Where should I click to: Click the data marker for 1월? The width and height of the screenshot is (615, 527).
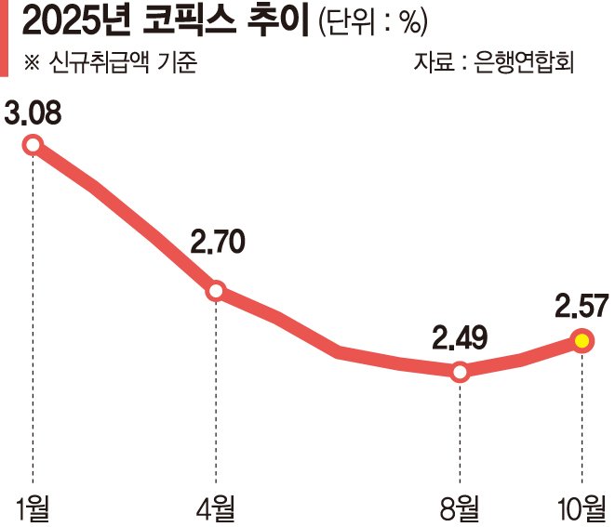click(x=33, y=144)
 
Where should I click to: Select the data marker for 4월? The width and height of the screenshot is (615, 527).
click(x=216, y=291)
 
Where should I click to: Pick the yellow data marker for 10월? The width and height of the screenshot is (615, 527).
click(x=582, y=341)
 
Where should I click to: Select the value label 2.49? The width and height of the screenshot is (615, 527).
click(x=461, y=336)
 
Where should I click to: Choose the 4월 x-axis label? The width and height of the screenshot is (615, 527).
click(x=216, y=507)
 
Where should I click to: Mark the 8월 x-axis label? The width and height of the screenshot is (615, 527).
click(x=460, y=507)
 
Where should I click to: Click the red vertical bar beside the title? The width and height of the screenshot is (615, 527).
click(x=5, y=38)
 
